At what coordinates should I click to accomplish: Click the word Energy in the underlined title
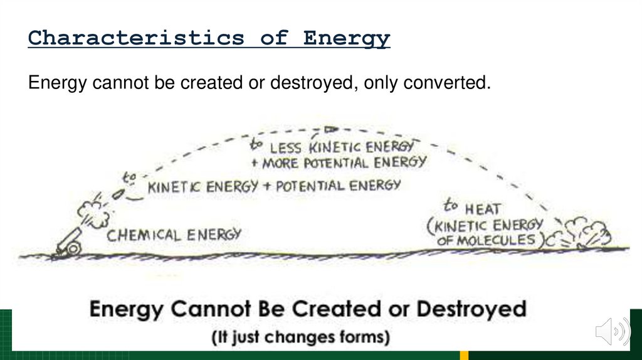347,38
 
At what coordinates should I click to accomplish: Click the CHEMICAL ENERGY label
174,235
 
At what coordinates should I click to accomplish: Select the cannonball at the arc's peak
330,129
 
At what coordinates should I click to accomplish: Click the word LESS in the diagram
286,148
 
